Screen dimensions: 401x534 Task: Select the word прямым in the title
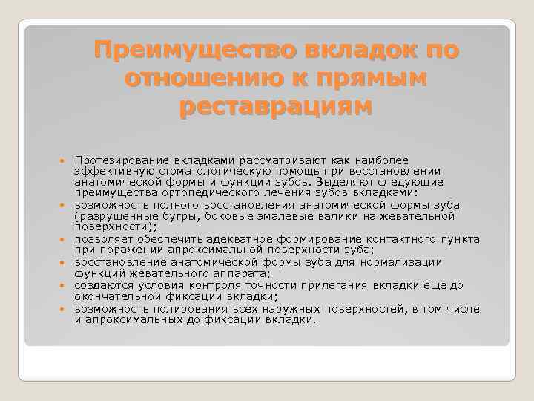pos(376,79)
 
